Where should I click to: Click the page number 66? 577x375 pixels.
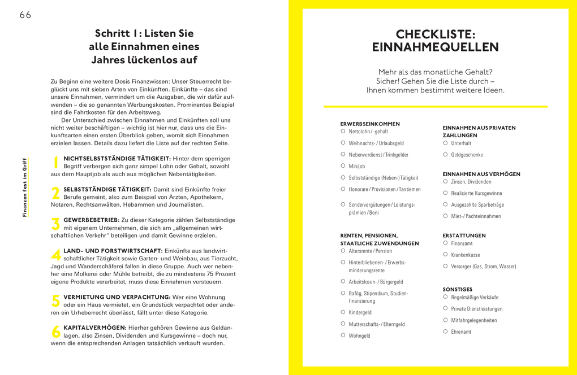[x=25, y=15]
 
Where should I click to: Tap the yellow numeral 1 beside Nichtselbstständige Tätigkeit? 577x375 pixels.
[x=55, y=162]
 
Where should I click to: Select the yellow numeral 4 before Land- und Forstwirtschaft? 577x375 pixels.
[x=55, y=255]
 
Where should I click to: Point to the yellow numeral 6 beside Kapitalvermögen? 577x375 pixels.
[x=55, y=332]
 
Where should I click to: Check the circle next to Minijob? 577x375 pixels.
[x=343, y=165]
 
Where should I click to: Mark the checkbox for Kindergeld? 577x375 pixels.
[x=343, y=312]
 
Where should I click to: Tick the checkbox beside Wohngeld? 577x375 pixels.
[x=343, y=335]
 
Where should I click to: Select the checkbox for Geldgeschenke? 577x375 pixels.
[x=445, y=154]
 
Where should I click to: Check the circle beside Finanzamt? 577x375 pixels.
[x=445, y=243]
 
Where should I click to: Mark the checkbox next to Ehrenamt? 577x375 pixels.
[x=445, y=332]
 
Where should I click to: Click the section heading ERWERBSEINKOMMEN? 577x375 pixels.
[x=370, y=124]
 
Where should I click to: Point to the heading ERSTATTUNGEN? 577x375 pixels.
[x=464, y=236]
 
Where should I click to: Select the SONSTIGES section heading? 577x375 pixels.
[x=457, y=289]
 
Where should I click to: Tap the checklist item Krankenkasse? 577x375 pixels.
[x=466, y=255]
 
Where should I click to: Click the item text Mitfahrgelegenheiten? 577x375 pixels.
[x=474, y=320]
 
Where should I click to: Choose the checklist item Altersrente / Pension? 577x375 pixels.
[x=370, y=251]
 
